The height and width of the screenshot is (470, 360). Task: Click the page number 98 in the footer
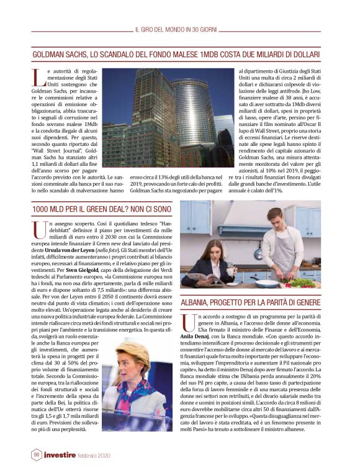tap(37, 455)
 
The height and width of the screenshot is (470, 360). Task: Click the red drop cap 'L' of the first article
tap(37, 78)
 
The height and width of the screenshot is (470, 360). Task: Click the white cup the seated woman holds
tap(229, 271)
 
